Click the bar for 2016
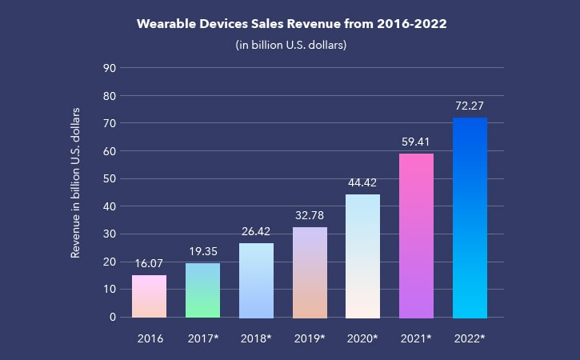[x=150, y=297]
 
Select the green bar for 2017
[x=203, y=290]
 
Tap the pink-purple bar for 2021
[x=417, y=236]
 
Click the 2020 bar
[x=363, y=256]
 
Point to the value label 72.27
[x=470, y=105]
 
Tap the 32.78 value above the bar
[x=310, y=214]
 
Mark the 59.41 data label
[x=417, y=141]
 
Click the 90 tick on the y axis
[x=111, y=68]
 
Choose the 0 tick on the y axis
[x=114, y=317]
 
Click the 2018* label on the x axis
[x=256, y=339]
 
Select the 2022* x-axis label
[x=470, y=339]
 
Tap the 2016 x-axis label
[x=150, y=339]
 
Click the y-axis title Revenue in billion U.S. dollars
[x=77, y=182]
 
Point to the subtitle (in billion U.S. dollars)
[x=290, y=45]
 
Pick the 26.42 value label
[x=256, y=231]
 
